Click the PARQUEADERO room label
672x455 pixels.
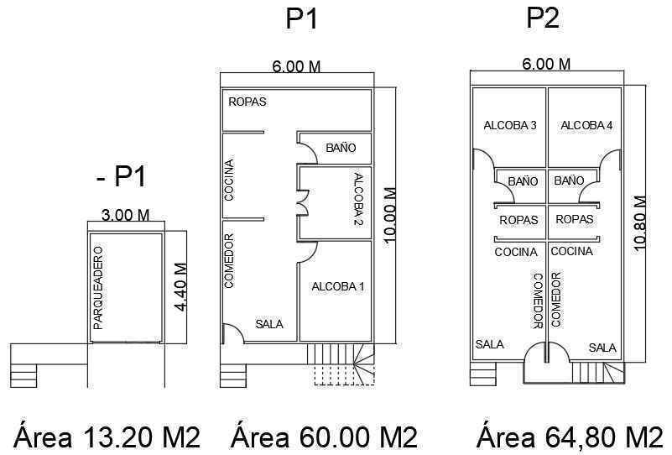[x=98, y=287]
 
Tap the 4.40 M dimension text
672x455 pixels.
[x=181, y=287]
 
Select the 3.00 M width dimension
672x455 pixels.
[x=126, y=214]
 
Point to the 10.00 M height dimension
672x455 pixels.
[x=390, y=215]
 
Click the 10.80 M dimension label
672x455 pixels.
[x=639, y=223]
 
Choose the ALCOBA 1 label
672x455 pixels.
[x=338, y=286]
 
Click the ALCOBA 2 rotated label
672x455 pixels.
[x=359, y=199]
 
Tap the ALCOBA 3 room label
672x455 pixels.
[x=510, y=125]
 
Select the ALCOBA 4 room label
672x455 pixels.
[x=586, y=125]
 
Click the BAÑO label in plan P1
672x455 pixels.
[x=341, y=148]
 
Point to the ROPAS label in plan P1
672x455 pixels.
[x=247, y=102]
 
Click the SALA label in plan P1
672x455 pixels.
[x=269, y=324]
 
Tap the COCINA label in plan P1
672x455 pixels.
[x=229, y=180]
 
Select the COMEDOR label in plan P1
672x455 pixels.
[x=229, y=261]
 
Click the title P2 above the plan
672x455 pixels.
[x=543, y=18]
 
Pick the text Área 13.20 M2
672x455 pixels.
[x=107, y=437]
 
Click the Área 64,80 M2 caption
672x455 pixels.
[x=570, y=437]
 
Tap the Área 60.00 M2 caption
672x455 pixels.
[x=324, y=437]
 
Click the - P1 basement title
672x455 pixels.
[x=122, y=175]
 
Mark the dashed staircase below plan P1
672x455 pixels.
[x=345, y=375]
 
